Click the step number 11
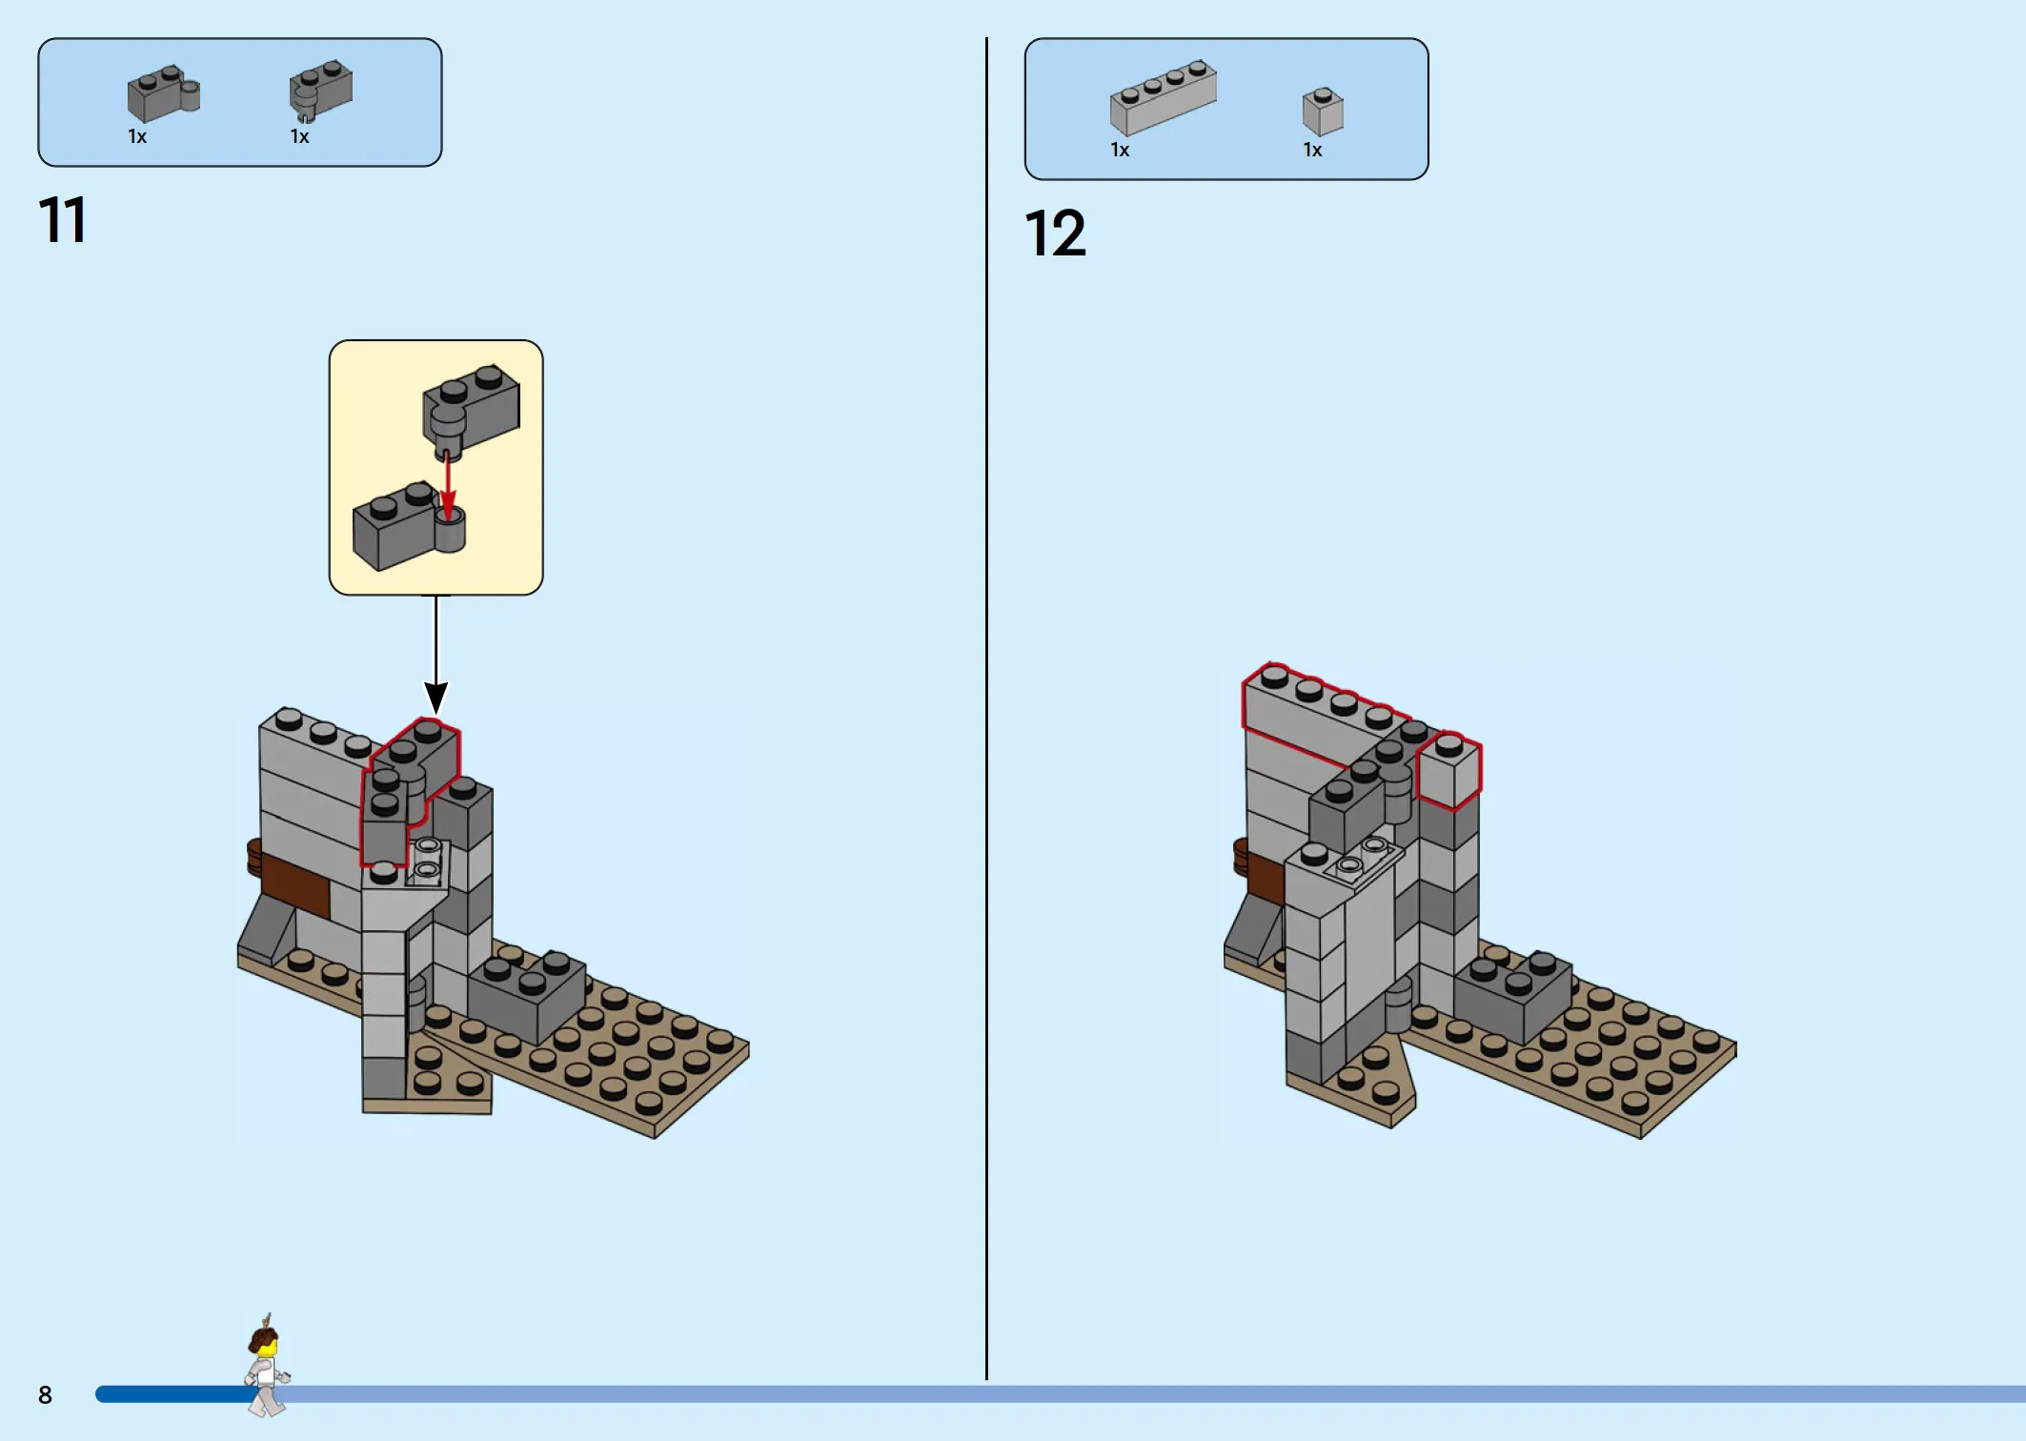click(x=63, y=220)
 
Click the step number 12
click(x=1055, y=233)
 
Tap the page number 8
click(x=45, y=1395)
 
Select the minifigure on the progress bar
click(x=267, y=1366)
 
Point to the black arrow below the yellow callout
click(x=436, y=654)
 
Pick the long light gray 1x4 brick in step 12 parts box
click(x=1163, y=97)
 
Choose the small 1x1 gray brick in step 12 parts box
click(x=1323, y=112)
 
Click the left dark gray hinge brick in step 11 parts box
click(x=163, y=93)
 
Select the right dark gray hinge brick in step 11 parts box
click(x=321, y=90)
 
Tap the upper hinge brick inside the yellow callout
click(x=471, y=408)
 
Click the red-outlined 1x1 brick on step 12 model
click(x=1449, y=770)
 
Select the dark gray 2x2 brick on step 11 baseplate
click(x=528, y=996)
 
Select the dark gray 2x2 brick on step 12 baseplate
click(x=1513, y=997)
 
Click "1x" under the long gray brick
click(x=1120, y=150)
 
